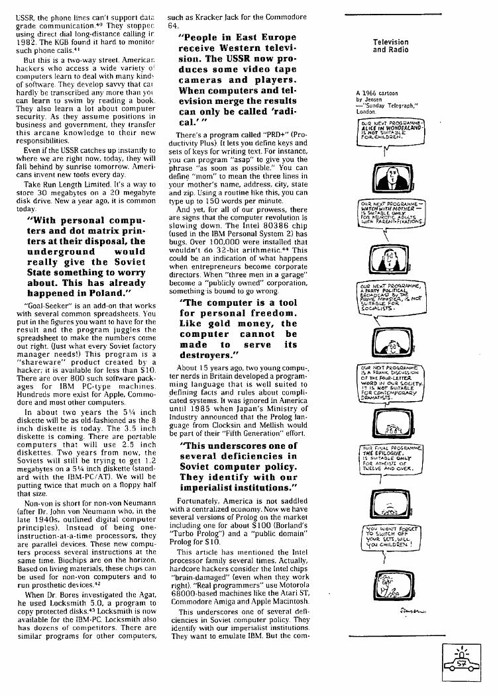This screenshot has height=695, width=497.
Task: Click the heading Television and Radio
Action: (390, 46)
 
